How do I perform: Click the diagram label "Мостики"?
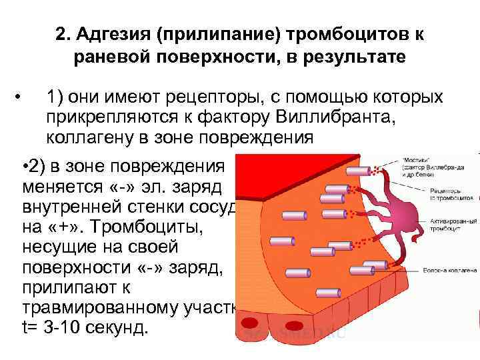click(415, 161)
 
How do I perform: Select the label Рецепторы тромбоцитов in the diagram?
click(440, 193)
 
